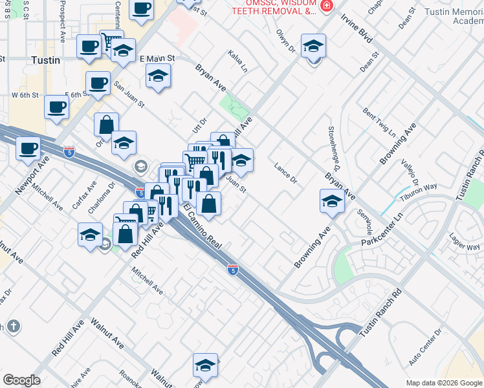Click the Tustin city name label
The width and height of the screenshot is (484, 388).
45,60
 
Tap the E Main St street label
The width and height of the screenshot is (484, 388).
158,58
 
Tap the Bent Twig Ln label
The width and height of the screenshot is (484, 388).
379,122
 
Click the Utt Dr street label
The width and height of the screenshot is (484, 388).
198,121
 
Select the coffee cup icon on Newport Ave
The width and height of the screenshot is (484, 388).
28,149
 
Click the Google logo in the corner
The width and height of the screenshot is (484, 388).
21,380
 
